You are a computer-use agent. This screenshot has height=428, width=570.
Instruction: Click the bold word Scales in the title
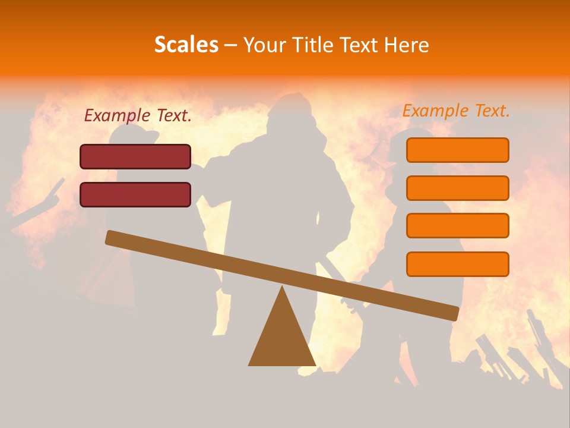coord(186,45)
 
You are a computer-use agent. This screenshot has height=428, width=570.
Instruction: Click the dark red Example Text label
coord(138,116)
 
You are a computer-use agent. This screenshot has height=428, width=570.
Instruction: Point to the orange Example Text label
coord(456,111)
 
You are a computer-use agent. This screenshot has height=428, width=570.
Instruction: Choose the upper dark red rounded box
coord(135,156)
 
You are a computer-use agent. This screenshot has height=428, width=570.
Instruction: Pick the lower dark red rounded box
coord(135,194)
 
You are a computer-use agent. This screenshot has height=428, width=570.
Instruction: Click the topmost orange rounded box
coord(457,150)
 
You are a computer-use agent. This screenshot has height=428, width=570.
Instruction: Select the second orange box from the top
coord(457,188)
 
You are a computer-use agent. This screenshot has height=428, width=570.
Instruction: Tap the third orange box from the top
coord(457,225)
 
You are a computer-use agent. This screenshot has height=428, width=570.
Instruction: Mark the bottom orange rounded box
coord(457,264)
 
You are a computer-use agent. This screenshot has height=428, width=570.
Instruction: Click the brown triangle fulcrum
coord(282,339)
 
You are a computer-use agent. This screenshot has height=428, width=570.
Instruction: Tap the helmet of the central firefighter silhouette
coord(290,107)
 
